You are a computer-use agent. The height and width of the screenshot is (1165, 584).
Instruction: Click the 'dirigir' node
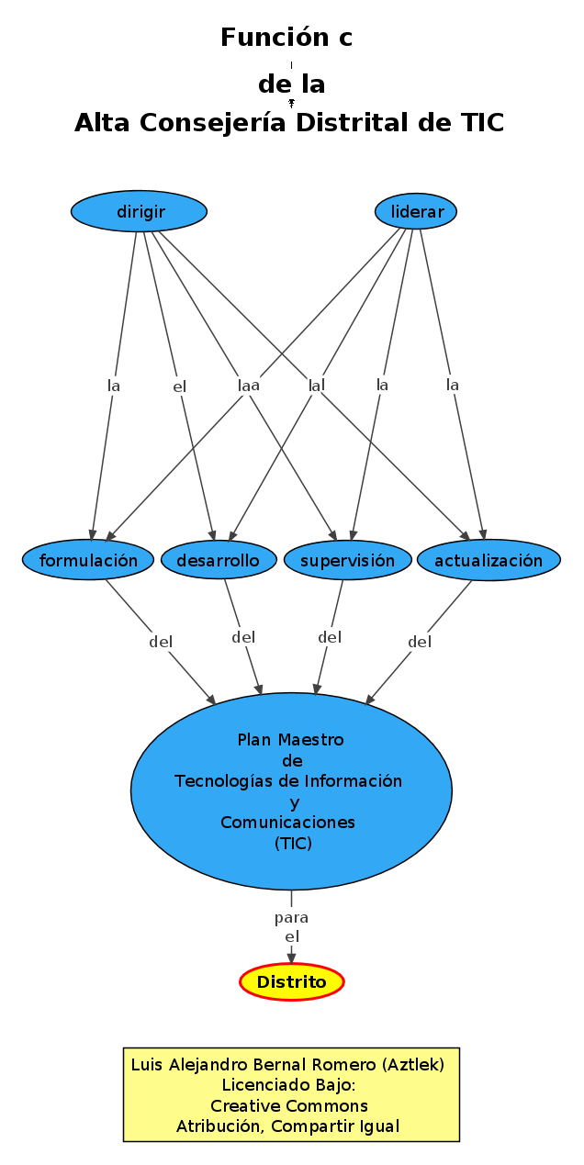coord(140,212)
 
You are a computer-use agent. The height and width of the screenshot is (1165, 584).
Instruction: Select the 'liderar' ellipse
coord(416,212)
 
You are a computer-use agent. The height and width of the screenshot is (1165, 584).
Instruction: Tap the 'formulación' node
coord(88,560)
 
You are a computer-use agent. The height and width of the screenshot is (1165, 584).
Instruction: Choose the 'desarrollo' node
coord(218,560)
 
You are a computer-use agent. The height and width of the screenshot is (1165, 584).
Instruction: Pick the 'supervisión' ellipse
coord(347,560)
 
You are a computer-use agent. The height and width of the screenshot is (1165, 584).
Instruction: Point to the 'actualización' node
coord(488,560)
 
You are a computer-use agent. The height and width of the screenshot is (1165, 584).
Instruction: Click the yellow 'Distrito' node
coord(291,982)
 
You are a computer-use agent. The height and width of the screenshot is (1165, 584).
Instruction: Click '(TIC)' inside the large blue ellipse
coord(293,843)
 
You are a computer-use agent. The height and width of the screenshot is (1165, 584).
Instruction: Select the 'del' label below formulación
coord(161,642)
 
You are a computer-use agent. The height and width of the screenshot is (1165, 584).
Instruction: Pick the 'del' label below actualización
coord(420,642)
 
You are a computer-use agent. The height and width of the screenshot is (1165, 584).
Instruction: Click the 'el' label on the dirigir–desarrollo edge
coord(179,386)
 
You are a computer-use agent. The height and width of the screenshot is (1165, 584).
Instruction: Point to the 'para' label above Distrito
coord(291,917)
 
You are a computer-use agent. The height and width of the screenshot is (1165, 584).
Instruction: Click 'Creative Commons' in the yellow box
coord(289,1105)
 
